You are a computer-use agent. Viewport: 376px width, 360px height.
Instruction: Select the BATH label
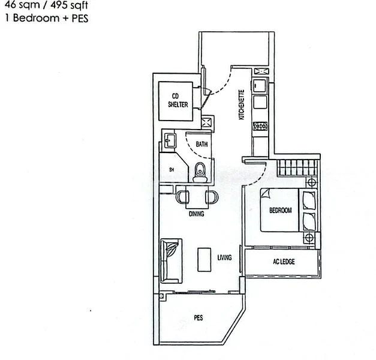pyautogui.click(x=201, y=144)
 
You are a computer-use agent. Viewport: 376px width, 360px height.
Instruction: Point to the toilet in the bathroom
pyautogui.click(x=200, y=171)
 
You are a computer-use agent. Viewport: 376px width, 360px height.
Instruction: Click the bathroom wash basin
pyautogui.click(x=169, y=142)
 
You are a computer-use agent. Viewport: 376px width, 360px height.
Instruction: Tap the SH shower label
pyautogui.click(x=172, y=170)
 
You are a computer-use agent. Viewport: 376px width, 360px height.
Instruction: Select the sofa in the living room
pyautogui.click(x=170, y=260)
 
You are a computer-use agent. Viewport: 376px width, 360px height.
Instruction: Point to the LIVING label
pyautogui.click(x=224, y=257)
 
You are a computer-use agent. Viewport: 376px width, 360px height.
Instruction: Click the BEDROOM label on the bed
pyautogui.click(x=280, y=211)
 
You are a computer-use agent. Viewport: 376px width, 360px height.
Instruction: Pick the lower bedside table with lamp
pyautogui.click(x=309, y=238)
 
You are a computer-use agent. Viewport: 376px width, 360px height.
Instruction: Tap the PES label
pyautogui.click(x=197, y=317)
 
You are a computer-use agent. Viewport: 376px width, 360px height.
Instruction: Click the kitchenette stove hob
pyautogui.click(x=261, y=126)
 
